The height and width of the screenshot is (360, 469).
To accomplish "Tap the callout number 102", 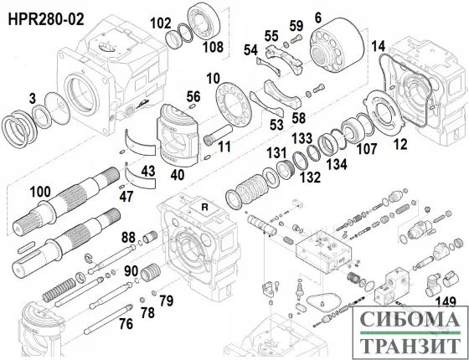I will tap(160, 23).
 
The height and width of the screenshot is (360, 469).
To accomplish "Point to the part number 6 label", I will tap(317, 17).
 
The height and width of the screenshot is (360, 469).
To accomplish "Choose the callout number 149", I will tap(445, 302).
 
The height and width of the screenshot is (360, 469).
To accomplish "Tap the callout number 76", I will tap(126, 324).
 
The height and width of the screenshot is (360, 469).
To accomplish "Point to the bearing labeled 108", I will tap(204, 18).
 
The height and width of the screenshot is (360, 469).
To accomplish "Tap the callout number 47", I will tap(125, 197).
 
